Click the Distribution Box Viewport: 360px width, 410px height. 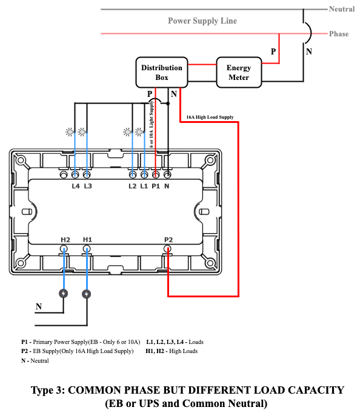point(162,73)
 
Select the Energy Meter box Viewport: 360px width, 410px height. point(239,73)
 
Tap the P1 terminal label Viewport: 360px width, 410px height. point(156,186)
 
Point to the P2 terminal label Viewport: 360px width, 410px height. point(168,240)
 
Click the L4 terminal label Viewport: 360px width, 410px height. point(76,186)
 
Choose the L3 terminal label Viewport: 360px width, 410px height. point(88,186)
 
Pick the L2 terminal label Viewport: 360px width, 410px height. point(132,186)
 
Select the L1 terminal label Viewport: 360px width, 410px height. point(144,186)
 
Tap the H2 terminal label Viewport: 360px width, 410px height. point(65,240)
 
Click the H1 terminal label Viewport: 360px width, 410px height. point(87,239)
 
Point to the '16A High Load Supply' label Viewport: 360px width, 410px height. point(210,117)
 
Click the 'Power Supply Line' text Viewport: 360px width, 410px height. point(202,21)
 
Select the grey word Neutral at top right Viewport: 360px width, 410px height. point(342,9)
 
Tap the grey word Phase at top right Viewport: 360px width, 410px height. point(339,34)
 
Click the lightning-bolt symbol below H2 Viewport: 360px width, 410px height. point(63,294)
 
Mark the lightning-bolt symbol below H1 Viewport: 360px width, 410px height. point(86,294)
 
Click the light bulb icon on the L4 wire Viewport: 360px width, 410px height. point(70,132)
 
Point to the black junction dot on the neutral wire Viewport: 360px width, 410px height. point(168,104)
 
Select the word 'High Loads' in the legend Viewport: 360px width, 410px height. point(184,351)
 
